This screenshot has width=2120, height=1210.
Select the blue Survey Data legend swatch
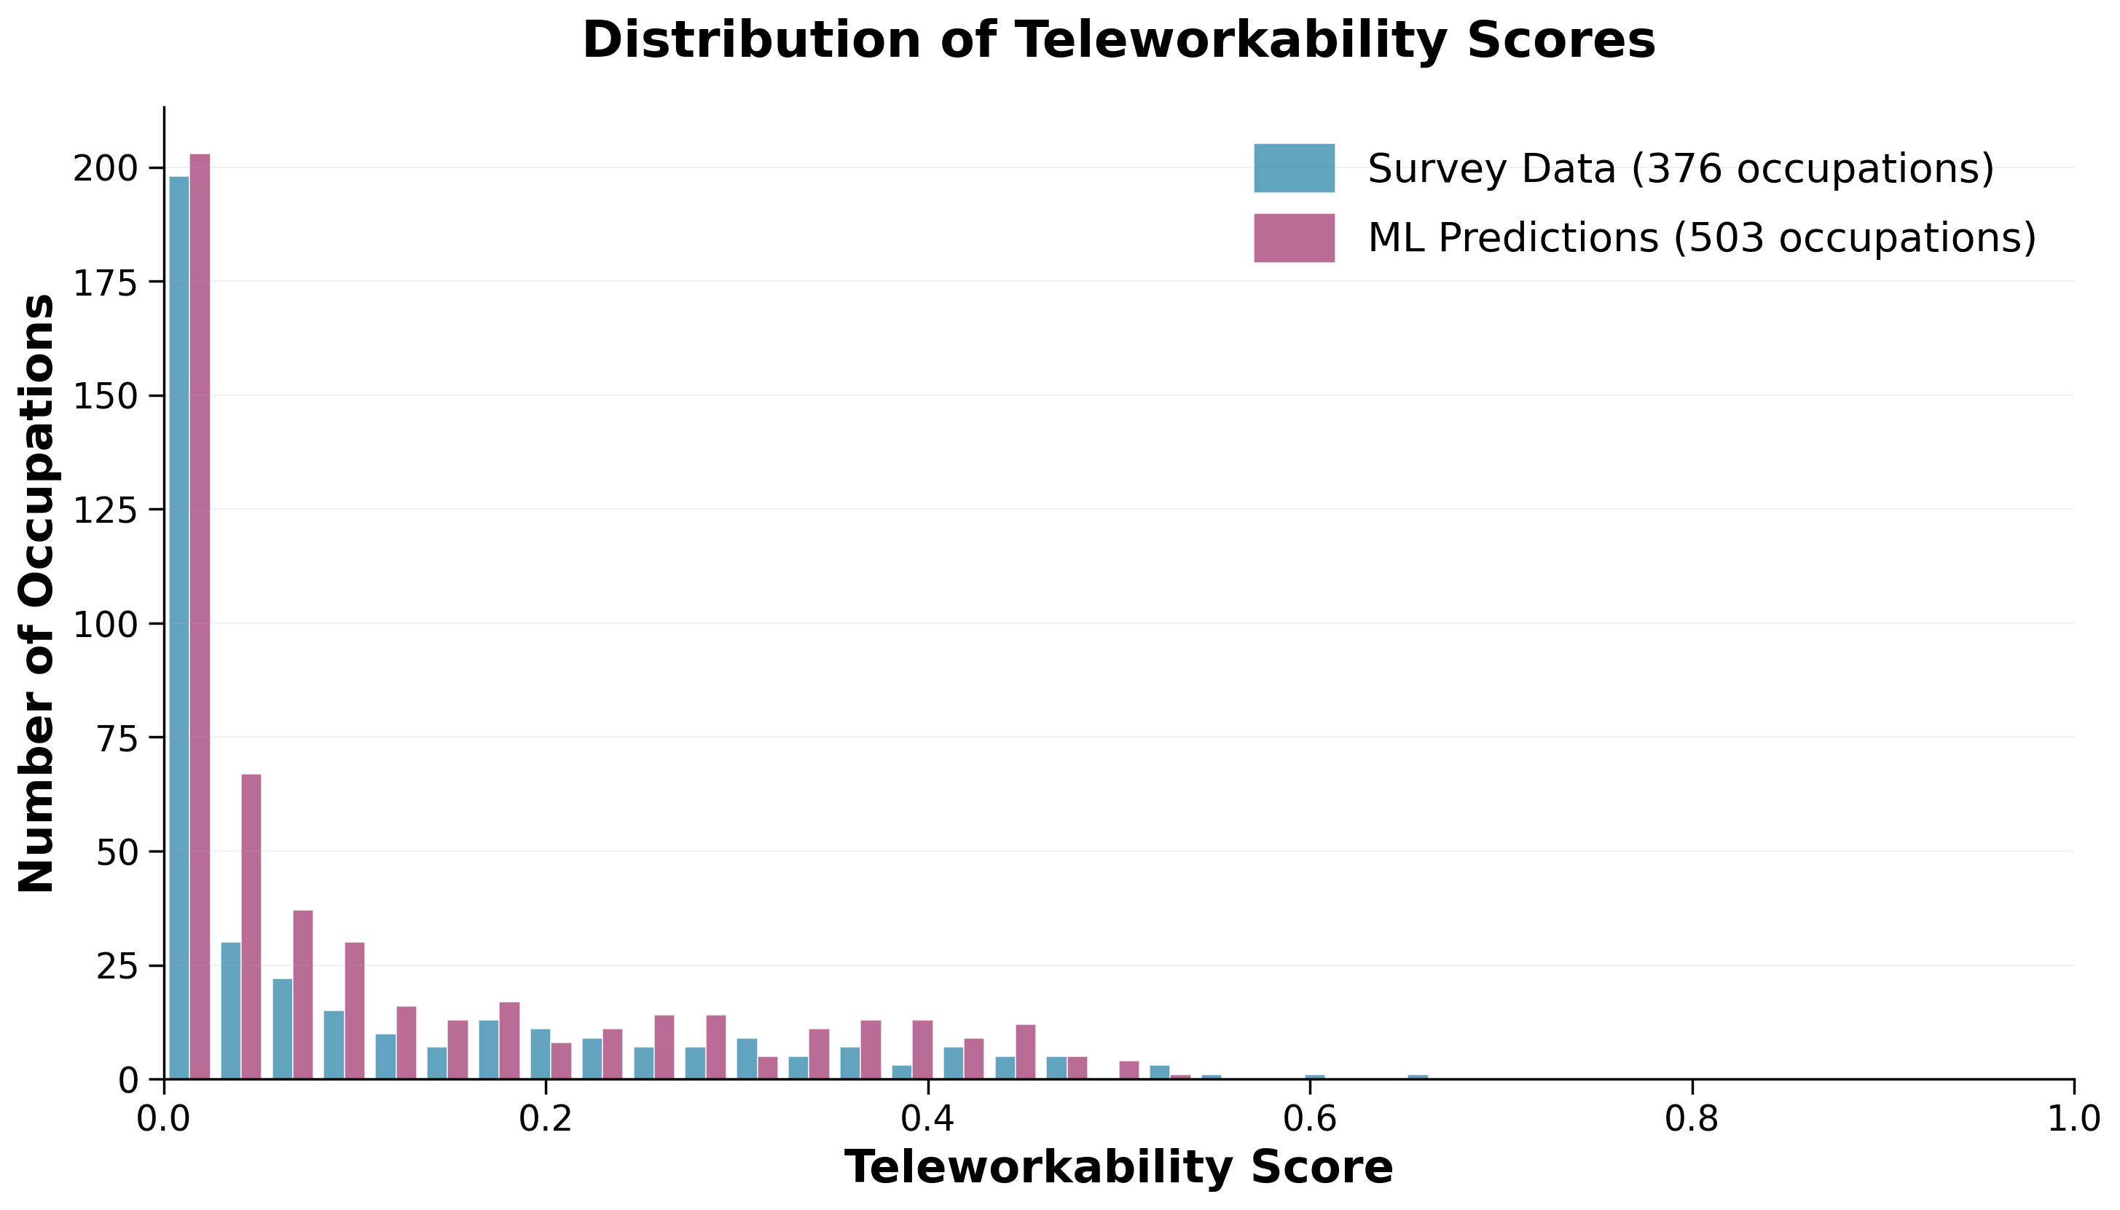(1294, 169)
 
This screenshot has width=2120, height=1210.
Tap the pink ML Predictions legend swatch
(1294, 239)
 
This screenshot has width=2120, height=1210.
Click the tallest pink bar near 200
(200, 615)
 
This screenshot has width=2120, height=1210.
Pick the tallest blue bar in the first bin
(178, 628)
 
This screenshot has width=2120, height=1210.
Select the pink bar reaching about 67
(251, 927)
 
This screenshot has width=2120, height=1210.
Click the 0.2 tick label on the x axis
(546, 1118)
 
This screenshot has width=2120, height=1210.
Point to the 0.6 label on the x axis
(1309, 1118)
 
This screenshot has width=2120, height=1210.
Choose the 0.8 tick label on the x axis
(1691, 1118)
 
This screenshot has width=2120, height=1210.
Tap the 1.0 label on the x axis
(2073, 1118)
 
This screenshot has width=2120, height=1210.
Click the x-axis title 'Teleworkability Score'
(1118, 1168)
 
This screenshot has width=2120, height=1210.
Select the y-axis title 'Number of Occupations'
(37, 593)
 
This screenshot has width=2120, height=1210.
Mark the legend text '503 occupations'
(1854, 239)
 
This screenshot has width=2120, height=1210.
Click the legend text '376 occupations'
(1813, 169)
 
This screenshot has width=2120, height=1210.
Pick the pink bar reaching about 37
(302, 995)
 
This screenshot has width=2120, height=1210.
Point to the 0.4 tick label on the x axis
(927, 1118)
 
